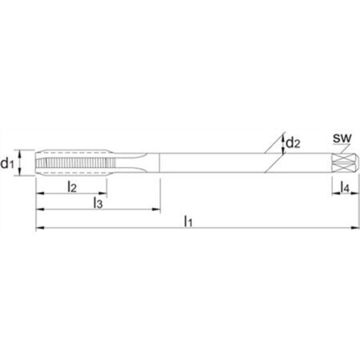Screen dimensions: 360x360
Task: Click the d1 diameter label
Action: [x=7, y=163]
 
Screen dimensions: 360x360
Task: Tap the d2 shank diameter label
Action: [x=293, y=143]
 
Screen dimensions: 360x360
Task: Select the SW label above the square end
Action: [x=342, y=138]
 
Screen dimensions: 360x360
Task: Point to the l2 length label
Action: [x=72, y=186]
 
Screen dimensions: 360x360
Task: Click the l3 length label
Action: [x=98, y=202]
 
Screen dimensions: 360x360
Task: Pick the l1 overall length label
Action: [x=188, y=221]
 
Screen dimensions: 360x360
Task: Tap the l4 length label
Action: [x=345, y=187]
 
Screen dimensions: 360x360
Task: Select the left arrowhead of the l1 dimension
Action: [x=40, y=228]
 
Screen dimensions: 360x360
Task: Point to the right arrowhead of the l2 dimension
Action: [x=103, y=194]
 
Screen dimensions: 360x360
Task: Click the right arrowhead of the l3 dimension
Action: [x=156, y=210]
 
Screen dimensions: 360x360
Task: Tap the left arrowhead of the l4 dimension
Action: [x=336, y=194]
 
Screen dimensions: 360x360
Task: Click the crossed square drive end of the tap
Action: [x=346, y=163]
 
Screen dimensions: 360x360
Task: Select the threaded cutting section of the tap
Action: [x=71, y=162]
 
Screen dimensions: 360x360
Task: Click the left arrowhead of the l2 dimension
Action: [x=40, y=194]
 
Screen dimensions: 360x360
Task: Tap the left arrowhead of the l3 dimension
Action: [x=40, y=210]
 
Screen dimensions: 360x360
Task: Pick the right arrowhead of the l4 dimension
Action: [x=354, y=194]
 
